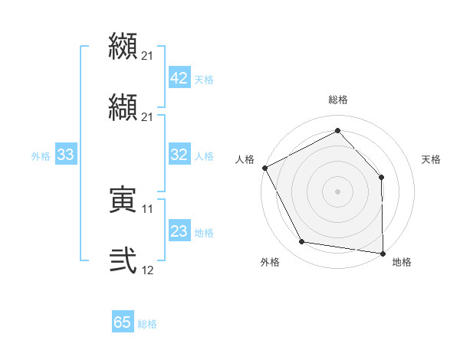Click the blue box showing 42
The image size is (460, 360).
click(179, 77)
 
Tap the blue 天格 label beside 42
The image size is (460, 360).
click(204, 79)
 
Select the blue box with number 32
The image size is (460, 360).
click(179, 155)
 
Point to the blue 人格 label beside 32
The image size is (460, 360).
click(204, 156)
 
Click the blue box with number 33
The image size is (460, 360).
click(65, 155)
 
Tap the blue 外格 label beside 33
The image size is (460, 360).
click(41, 156)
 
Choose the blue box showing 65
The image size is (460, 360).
click(123, 322)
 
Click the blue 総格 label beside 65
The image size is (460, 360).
click(147, 324)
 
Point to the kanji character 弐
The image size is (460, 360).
click(123, 260)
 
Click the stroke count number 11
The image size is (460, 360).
click(147, 208)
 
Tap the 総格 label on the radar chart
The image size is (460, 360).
click(338, 100)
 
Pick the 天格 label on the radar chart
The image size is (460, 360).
click(432, 159)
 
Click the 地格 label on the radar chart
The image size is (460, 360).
click(402, 262)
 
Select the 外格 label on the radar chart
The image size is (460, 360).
click(270, 262)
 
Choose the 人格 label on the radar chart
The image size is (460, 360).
click(245, 159)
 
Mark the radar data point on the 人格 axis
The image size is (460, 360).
click(264, 167)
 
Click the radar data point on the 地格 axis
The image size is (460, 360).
click(383, 253)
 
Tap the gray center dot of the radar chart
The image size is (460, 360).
click(338, 191)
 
